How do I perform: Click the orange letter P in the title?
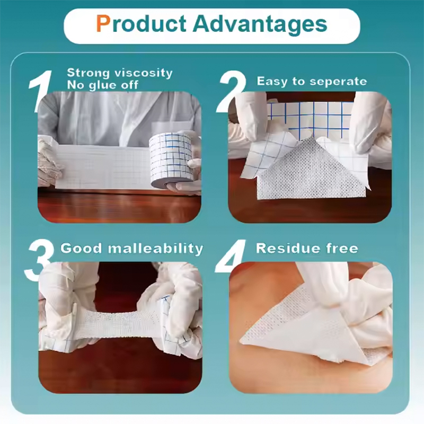tap(103, 24)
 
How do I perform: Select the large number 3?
tap(40, 260)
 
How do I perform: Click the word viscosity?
tap(143, 73)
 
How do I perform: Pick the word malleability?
tap(157, 249)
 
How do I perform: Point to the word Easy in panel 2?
tap(272, 82)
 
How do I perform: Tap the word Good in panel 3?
tap(79, 249)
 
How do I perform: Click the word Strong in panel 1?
tap(88, 73)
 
